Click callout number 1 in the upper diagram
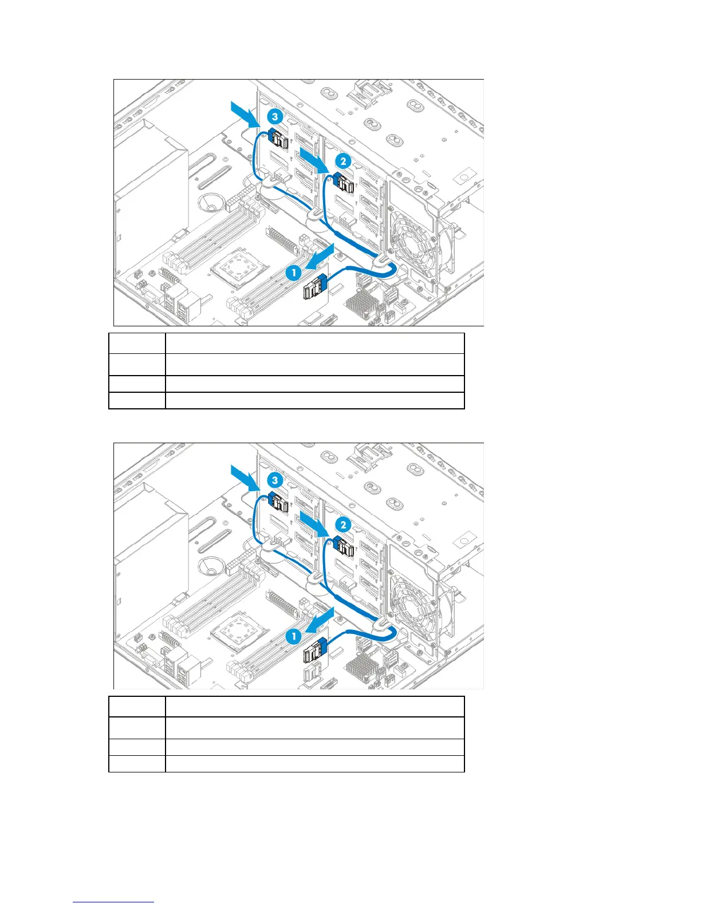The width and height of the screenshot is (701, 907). pos(294,273)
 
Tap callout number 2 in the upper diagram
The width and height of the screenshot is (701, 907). pos(343,161)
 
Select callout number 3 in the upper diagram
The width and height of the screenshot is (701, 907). pos(275,117)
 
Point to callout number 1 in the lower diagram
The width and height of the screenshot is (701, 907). pos(294,636)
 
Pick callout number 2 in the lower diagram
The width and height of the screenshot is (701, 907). pos(343,525)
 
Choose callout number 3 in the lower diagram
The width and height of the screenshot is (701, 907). pos(275,480)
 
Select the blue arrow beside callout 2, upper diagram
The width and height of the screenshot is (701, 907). pos(313,159)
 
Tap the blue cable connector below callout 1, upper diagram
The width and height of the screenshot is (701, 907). pos(314,286)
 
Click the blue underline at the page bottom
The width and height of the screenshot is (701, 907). pos(114,902)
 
